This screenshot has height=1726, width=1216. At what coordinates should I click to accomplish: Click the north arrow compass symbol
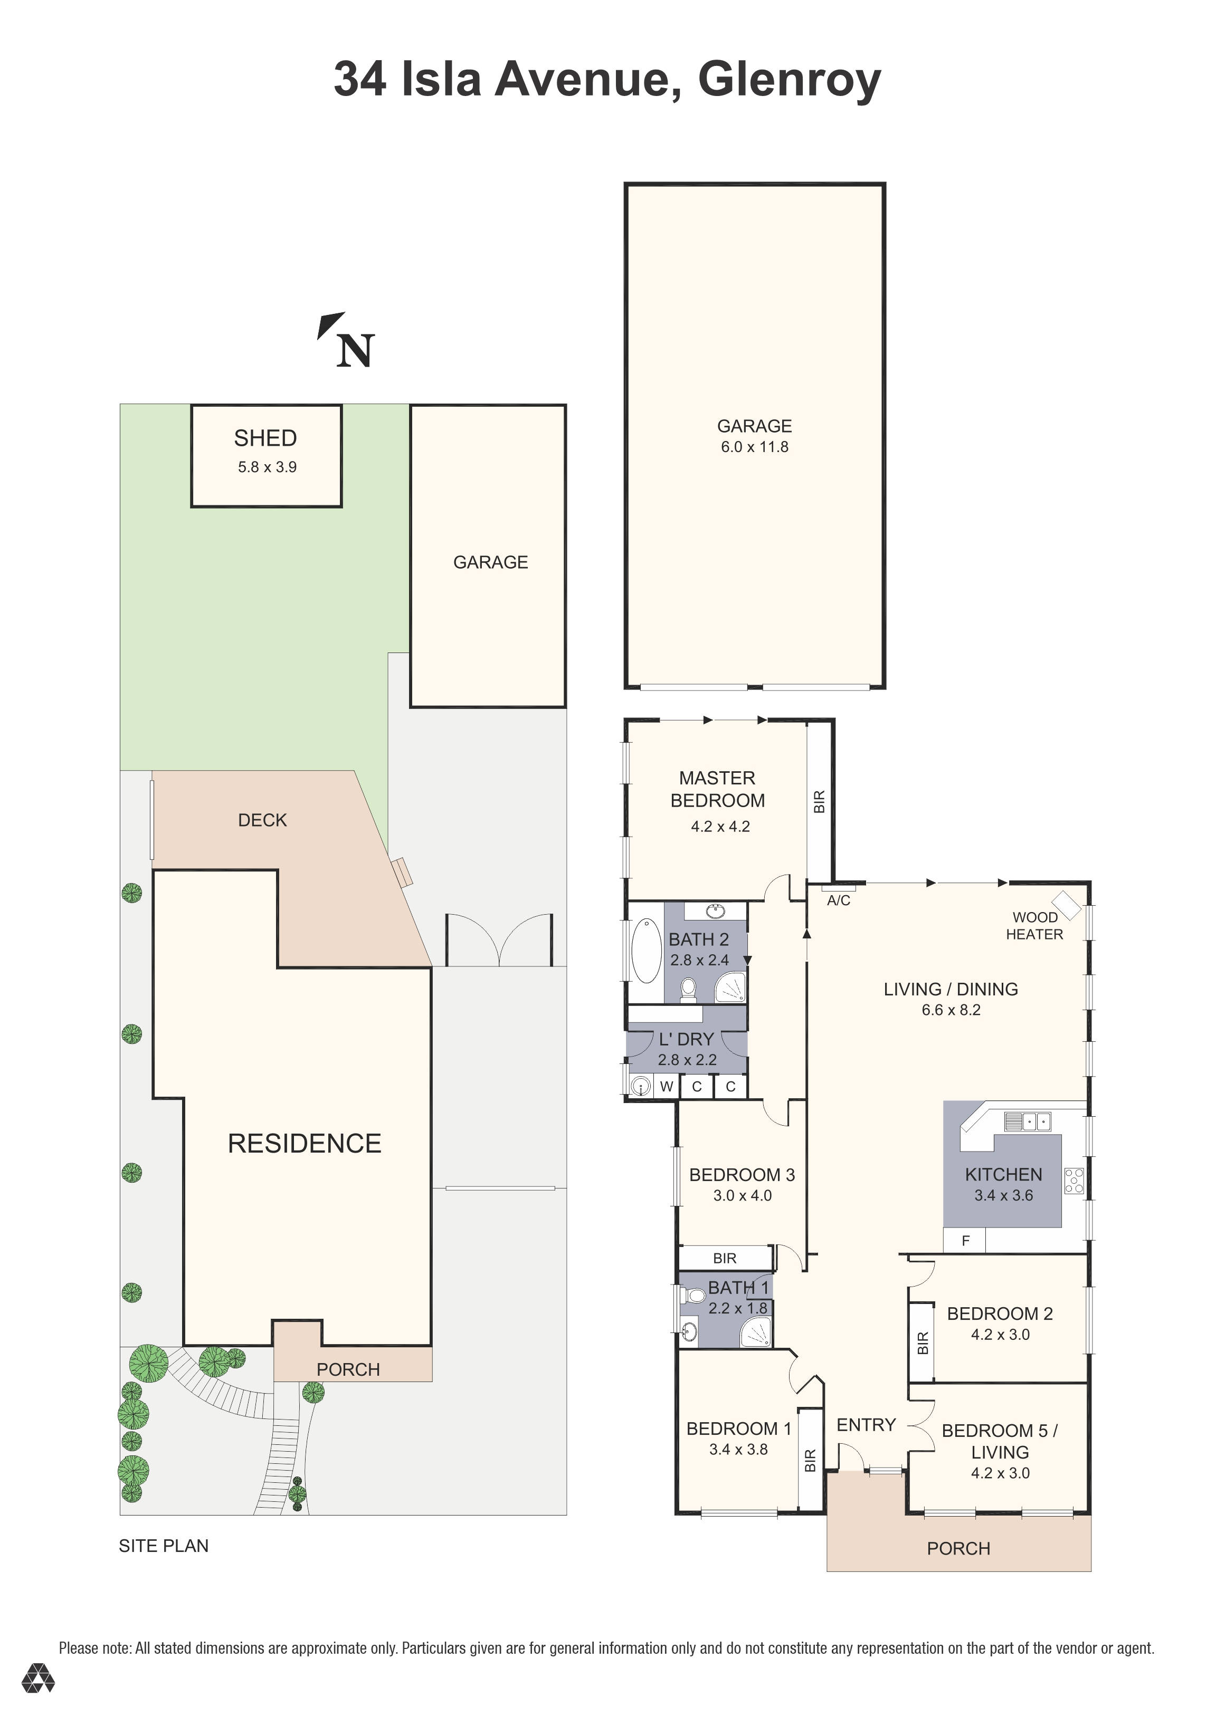(x=346, y=342)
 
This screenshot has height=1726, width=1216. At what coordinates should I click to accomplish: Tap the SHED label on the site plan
(x=265, y=438)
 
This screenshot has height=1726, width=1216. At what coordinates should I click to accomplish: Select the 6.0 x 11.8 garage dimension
(x=754, y=447)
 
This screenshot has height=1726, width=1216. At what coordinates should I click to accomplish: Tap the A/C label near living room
(x=839, y=900)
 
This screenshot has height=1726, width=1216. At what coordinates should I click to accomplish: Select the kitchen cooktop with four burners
(x=1074, y=1181)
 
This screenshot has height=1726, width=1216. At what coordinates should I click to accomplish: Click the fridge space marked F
(x=966, y=1241)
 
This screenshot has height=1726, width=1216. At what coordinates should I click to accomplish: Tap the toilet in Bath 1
(x=694, y=1295)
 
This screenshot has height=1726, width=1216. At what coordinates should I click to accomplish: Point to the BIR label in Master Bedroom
(x=820, y=801)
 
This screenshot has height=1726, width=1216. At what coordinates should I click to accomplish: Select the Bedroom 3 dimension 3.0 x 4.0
(x=742, y=1195)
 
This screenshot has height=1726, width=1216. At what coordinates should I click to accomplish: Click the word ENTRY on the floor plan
(x=866, y=1425)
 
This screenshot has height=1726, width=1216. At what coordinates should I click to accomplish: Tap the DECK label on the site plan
(x=262, y=820)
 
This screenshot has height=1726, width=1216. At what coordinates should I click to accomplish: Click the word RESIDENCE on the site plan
(x=305, y=1144)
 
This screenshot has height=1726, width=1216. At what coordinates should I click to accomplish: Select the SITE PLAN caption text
(x=164, y=1546)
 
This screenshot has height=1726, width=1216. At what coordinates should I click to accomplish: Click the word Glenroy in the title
(x=789, y=80)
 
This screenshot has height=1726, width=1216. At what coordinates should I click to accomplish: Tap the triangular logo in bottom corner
(x=37, y=1700)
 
